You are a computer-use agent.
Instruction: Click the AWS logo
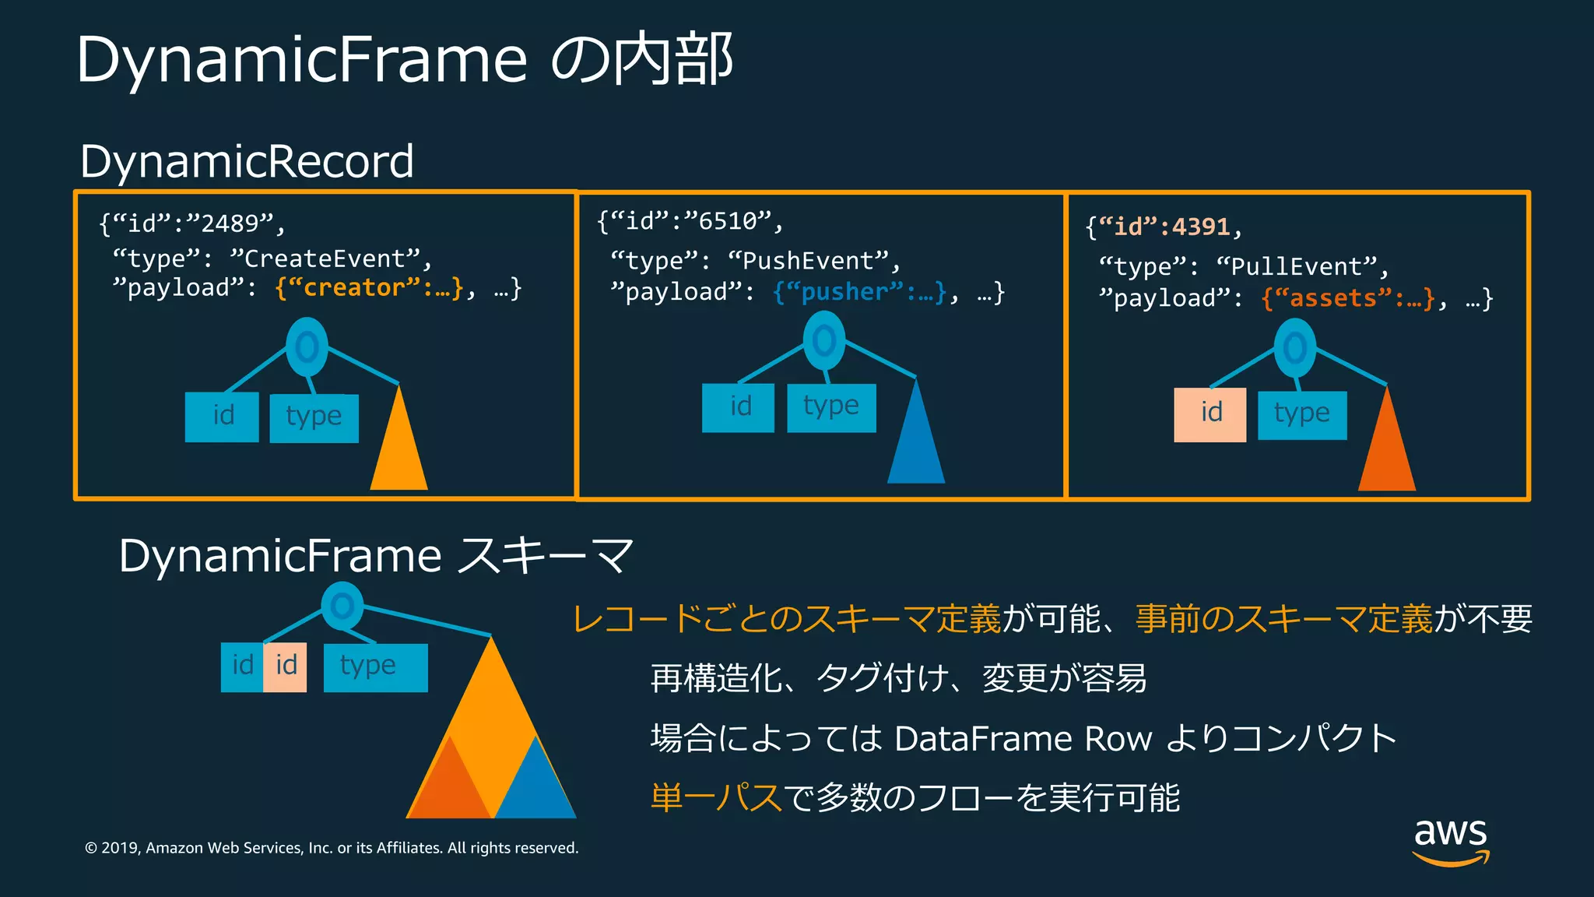(x=1451, y=841)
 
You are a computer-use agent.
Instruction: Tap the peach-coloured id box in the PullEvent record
(x=1210, y=415)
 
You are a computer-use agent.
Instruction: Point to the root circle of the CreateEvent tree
(x=307, y=347)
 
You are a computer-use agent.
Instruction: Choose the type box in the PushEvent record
(x=831, y=408)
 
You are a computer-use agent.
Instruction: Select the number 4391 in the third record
(x=1201, y=227)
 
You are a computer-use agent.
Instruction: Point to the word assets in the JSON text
(x=1333, y=298)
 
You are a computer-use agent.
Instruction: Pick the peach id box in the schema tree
(x=285, y=667)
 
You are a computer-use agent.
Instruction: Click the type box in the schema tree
(x=375, y=667)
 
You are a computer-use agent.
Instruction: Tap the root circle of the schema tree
(x=342, y=607)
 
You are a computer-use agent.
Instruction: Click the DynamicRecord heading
(x=247, y=162)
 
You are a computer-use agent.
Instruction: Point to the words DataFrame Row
(x=1023, y=739)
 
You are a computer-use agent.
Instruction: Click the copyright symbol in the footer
(x=91, y=848)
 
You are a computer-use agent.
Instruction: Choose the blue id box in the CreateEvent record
(x=222, y=417)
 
